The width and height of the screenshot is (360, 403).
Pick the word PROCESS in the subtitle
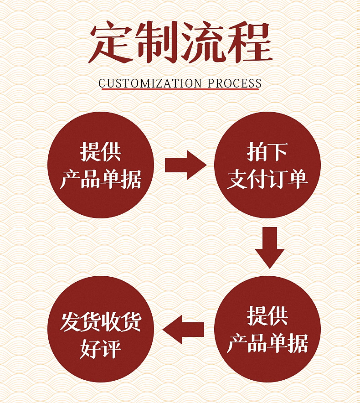tap(234, 83)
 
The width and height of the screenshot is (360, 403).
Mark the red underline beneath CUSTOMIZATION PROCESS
tap(180, 90)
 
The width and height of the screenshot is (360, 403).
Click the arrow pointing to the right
tap(185, 165)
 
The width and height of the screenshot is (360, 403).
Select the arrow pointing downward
tap(269, 247)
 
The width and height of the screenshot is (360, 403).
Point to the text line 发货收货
tap(101, 322)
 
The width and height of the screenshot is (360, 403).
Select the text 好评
tap(101, 349)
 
